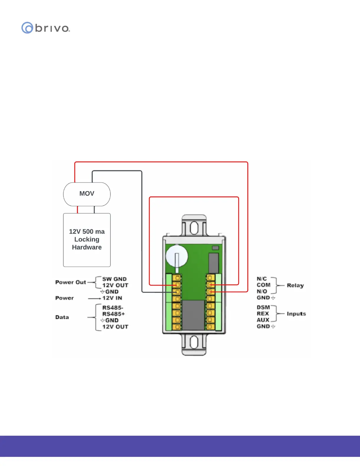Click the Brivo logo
pyautogui.click(x=46, y=28)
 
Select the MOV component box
pyautogui.click(x=87, y=194)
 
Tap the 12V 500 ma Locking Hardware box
pyautogui.click(x=87, y=239)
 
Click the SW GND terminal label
pyautogui.click(x=114, y=279)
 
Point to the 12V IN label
pyautogui.click(x=112, y=298)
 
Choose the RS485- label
pyautogui.click(x=113, y=308)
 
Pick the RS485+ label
pyautogui.click(x=114, y=314)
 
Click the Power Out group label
pyautogui.click(x=71, y=282)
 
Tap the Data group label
pyautogui.click(x=62, y=317)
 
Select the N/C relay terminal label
pyautogui.click(x=262, y=279)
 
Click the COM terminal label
pyautogui.click(x=264, y=285)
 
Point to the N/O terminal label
pyautogui.click(x=262, y=291)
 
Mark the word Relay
pyautogui.click(x=295, y=285)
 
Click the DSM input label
pyautogui.click(x=263, y=307)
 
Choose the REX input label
pyautogui.click(x=263, y=314)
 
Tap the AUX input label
pyautogui.click(x=263, y=320)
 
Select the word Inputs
pyautogui.click(x=296, y=314)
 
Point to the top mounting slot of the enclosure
pyautogui.click(x=194, y=228)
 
